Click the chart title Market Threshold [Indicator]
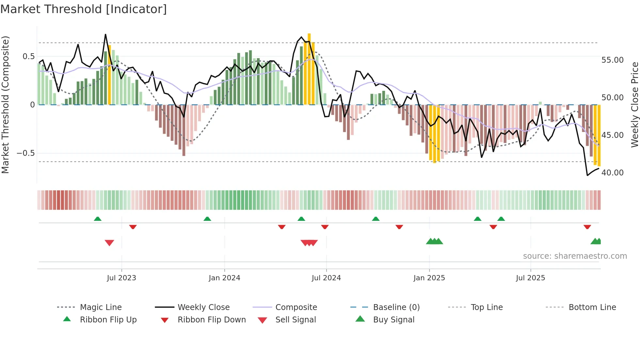tap(84, 9)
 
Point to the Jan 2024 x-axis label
tap(224, 278)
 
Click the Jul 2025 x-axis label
tap(530, 278)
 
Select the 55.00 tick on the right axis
tap(612, 60)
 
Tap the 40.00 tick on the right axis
tap(612, 173)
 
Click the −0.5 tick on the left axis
tap(26, 153)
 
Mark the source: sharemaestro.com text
tap(575, 256)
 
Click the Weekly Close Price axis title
tap(634, 105)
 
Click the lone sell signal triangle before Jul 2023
tap(109, 243)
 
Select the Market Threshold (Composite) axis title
tap(5, 105)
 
